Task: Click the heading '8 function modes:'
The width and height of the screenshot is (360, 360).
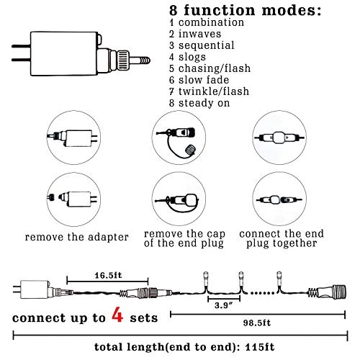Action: point(245,10)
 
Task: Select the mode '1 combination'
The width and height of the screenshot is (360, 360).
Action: point(207,22)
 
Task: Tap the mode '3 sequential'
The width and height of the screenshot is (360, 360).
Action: point(202,45)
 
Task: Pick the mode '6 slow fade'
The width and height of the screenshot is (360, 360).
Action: point(199,80)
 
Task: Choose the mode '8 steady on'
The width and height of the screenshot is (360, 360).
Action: point(199,103)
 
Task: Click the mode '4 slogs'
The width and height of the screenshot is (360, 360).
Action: point(187,57)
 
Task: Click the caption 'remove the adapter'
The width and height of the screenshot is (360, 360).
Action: point(77,238)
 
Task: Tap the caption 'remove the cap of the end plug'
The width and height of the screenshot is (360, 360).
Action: point(184,238)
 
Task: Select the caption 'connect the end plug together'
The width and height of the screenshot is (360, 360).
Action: point(282,238)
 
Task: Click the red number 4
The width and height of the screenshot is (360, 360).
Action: point(117,314)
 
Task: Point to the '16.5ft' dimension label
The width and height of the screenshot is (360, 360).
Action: point(108,275)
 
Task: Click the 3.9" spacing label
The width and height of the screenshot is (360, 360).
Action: point(224,305)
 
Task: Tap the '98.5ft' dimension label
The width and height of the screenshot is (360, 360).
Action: point(257,323)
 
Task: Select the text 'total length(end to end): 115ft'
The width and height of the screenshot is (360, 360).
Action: point(184,347)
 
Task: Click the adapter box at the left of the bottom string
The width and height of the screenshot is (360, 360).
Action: point(35,289)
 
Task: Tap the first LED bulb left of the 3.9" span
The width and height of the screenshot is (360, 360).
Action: point(206,278)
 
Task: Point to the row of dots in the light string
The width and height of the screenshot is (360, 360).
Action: point(262,293)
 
